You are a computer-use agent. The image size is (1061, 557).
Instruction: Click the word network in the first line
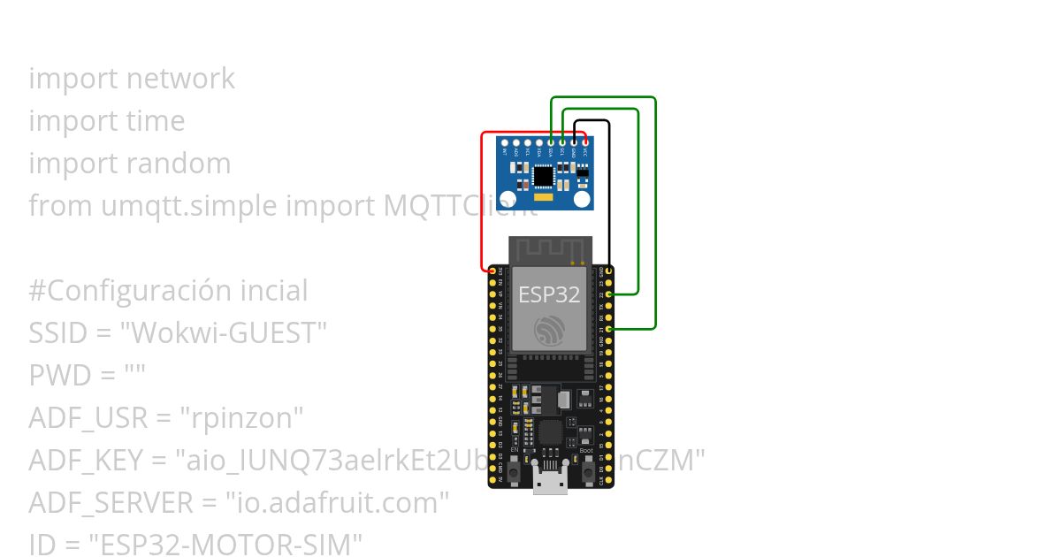[x=180, y=79]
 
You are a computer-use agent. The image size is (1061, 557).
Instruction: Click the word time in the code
[x=156, y=121]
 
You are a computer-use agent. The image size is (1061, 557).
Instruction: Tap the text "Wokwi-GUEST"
[x=224, y=333]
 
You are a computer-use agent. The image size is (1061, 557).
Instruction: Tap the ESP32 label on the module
[x=549, y=294]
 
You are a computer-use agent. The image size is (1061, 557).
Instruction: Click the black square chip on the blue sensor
[x=543, y=177]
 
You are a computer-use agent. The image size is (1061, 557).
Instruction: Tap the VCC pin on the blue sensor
[x=584, y=141]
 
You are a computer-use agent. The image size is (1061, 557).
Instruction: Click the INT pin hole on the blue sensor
[x=505, y=141]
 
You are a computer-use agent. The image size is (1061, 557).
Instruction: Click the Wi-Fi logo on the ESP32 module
[x=549, y=332]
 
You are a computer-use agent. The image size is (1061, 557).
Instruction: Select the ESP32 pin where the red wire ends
[x=492, y=271]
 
